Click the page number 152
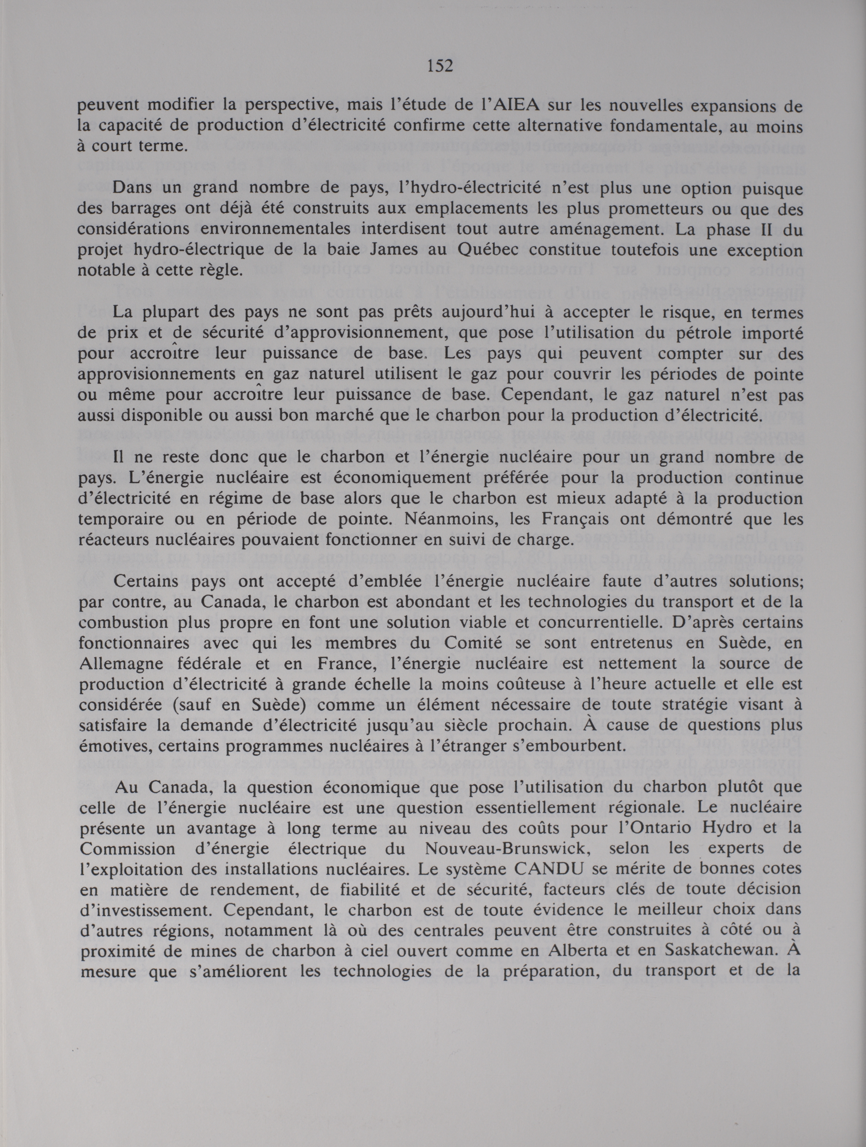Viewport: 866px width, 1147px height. click(440, 66)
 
